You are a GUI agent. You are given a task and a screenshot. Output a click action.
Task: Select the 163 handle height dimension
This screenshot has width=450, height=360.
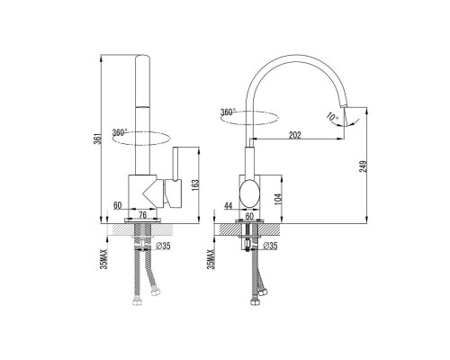coord(195,185)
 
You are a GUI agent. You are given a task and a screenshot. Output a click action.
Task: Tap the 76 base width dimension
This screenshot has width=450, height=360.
coord(143,215)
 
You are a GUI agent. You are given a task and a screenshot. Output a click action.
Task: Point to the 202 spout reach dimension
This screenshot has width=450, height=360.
coord(295,135)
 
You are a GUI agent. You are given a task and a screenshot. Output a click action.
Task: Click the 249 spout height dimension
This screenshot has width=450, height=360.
coord(364,166)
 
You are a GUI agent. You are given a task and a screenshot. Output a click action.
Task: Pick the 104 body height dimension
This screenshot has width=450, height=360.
coord(278,198)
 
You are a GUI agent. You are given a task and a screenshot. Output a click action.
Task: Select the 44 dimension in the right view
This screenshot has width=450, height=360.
coord(229,206)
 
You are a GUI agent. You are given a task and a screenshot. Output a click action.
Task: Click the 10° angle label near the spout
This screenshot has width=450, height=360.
coord(331,116)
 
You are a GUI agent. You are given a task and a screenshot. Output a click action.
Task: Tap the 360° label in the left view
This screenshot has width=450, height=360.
coord(120,132)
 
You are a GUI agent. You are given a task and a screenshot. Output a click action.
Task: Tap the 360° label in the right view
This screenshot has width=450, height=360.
coord(228,112)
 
